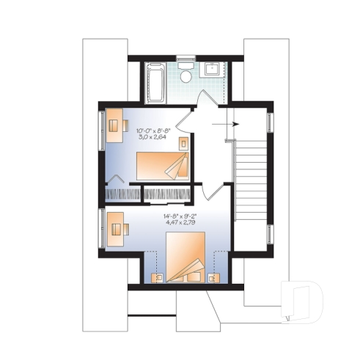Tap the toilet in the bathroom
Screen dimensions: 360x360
click(x=186, y=76)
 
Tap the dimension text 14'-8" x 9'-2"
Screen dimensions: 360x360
click(x=179, y=216)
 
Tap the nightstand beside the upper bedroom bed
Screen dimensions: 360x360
click(x=183, y=142)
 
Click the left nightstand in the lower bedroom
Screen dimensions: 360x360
click(x=156, y=277)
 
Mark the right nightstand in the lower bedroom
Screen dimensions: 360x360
click(x=213, y=277)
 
